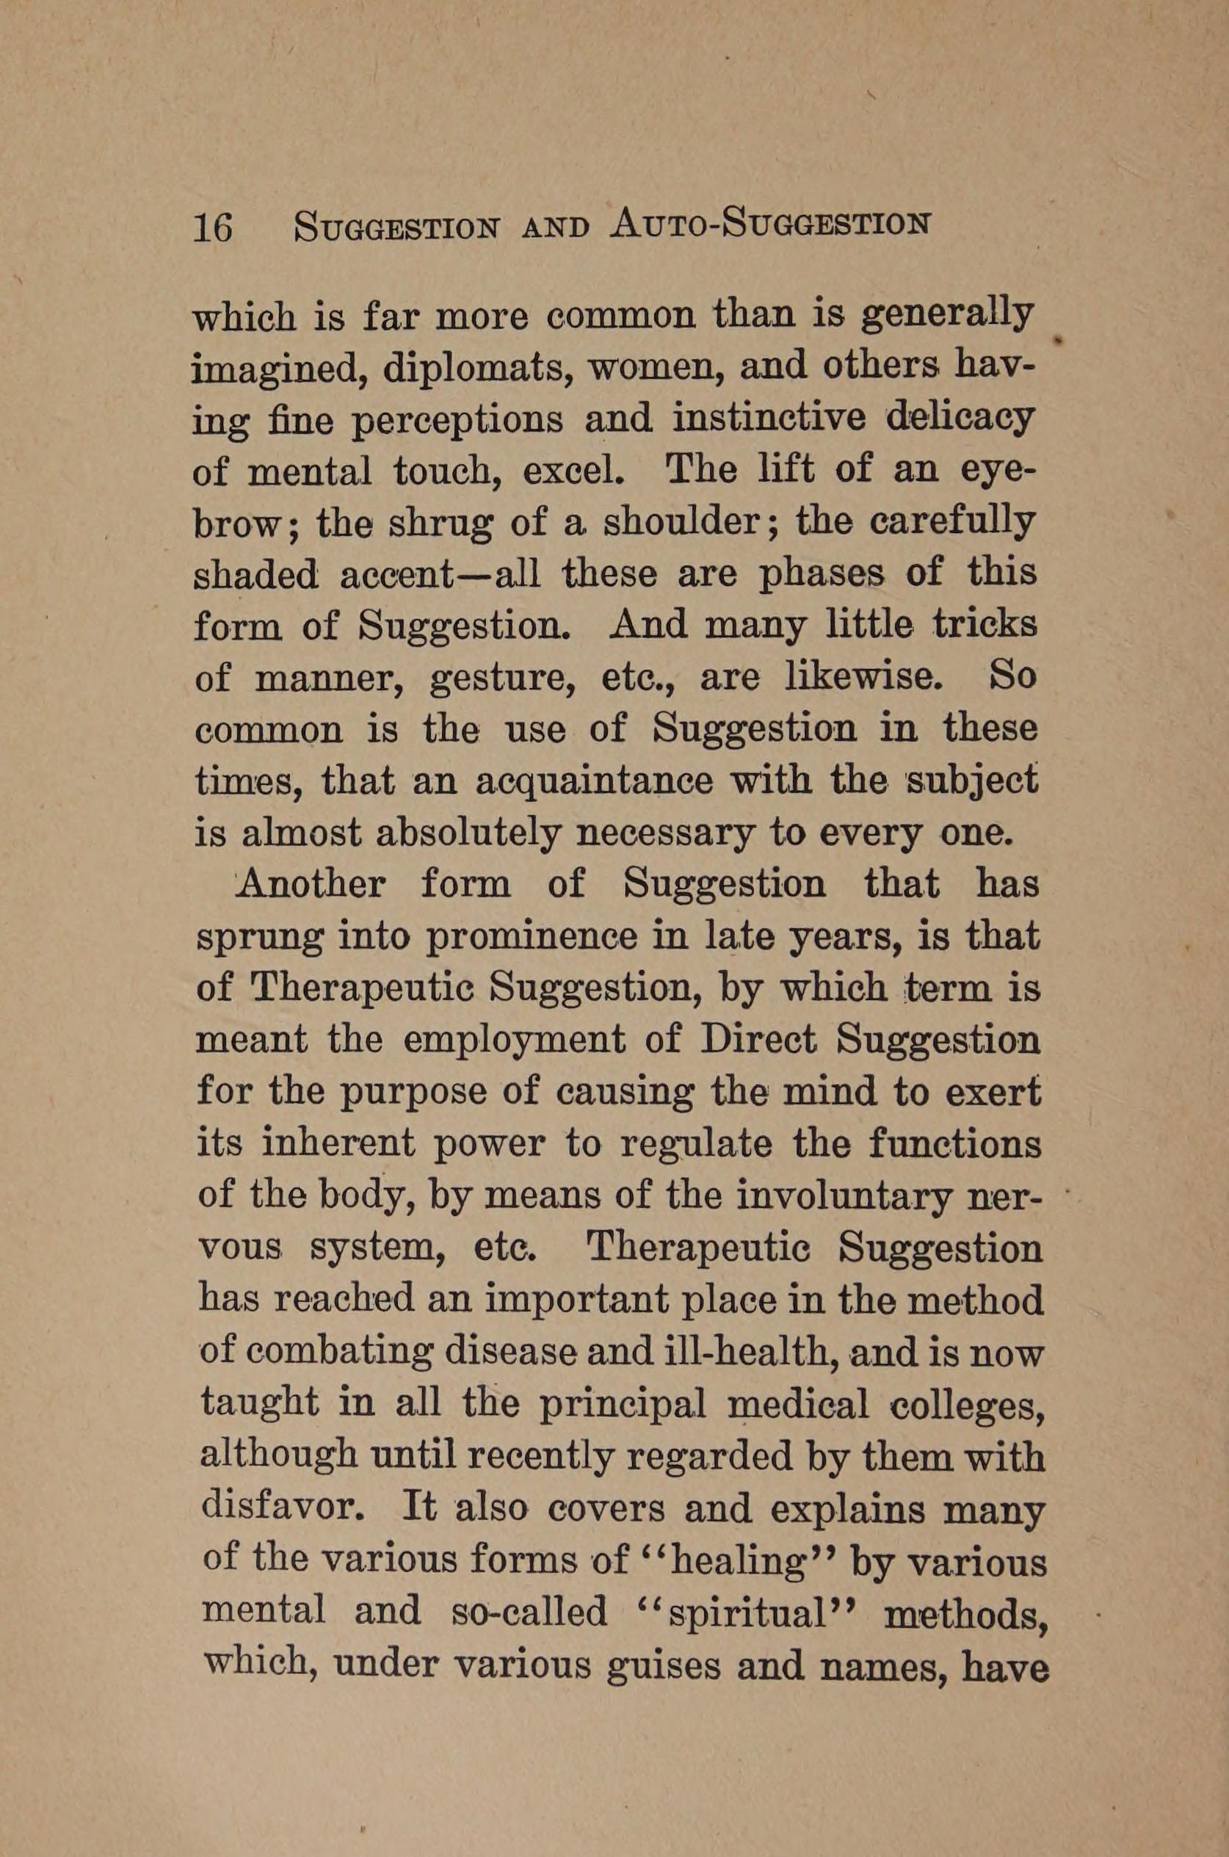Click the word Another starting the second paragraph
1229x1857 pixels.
point(311,885)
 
